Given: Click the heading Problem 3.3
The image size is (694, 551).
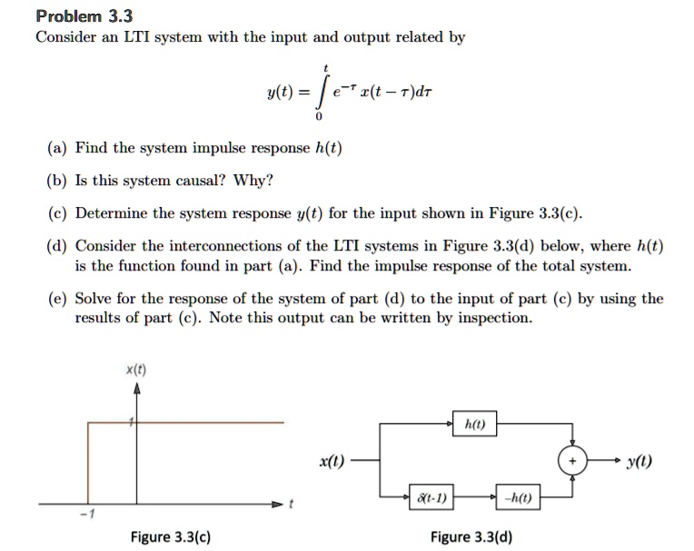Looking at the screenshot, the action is (x=84, y=16).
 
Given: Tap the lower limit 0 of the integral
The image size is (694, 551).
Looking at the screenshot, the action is (x=319, y=117).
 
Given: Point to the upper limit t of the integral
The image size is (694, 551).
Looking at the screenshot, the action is (x=326, y=68).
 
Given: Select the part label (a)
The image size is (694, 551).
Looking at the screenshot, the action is (x=57, y=148).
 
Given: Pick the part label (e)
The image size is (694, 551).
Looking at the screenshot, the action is (x=57, y=299).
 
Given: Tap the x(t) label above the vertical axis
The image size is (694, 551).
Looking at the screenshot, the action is (x=136, y=369).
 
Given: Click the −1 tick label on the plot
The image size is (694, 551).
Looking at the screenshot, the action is (x=87, y=514).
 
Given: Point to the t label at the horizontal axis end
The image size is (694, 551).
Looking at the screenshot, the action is (x=291, y=504).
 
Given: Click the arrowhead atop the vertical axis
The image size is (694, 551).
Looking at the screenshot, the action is (x=137, y=389).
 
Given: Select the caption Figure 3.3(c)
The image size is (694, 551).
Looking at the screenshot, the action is (x=171, y=536).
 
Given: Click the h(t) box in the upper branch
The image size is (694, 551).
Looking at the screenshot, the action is (x=474, y=424).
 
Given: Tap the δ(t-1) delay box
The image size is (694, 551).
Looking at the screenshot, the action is (x=431, y=497).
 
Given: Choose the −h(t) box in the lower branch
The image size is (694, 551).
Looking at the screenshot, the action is (x=518, y=497).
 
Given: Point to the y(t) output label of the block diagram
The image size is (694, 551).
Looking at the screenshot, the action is (x=639, y=462).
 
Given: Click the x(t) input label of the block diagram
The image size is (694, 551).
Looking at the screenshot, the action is (x=332, y=462).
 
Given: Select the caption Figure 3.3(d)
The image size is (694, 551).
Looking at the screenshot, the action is (x=471, y=536).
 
